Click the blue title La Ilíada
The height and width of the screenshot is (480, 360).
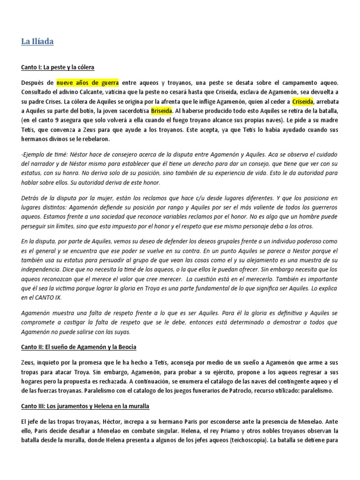click(x=37, y=42)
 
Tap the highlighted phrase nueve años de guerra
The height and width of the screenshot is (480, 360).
click(x=88, y=83)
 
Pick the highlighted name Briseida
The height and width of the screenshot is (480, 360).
click(x=162, y=111)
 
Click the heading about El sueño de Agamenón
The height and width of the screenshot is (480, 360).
click(x=78, y=347)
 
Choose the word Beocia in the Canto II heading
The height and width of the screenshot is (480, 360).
click(x=127, y=347)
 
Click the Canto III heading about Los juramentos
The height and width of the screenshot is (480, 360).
click(x=85, y=405)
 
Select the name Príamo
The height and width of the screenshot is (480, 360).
click(x=224, y=431)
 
